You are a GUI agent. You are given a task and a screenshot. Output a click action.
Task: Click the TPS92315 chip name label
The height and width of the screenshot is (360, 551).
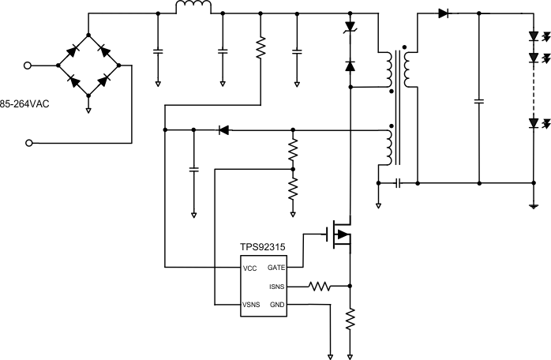coord(263,246)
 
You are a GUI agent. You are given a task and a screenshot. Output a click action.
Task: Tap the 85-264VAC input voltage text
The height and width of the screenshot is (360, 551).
coord(24,103)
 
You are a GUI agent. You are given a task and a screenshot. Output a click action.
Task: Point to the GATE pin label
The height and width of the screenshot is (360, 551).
coord(276,268)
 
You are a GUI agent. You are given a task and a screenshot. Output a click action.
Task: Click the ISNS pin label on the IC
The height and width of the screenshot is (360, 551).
coord(276,287)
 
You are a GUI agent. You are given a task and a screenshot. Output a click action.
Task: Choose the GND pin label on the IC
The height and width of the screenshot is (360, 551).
coord(277,305)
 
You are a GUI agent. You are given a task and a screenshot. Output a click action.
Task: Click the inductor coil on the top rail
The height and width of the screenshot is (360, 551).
coord(193,9)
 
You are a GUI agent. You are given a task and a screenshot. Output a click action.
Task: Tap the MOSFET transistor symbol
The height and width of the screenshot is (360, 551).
coord(340,234)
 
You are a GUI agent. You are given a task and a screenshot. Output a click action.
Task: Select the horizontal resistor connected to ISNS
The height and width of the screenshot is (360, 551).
coord(319,287)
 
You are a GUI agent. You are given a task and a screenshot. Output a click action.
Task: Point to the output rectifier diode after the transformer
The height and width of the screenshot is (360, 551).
coord(443,13)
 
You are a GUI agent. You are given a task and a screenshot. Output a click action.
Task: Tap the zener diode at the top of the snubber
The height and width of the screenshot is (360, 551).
coord(350,28)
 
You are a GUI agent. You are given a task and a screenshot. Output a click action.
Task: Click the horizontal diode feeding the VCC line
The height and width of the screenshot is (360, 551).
coord(223,129)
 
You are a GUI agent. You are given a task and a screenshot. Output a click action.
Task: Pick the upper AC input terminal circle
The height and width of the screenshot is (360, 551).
coord(30,67)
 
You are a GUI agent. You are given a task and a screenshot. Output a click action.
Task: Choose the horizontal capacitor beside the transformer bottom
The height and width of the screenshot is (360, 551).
coord(399,183)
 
